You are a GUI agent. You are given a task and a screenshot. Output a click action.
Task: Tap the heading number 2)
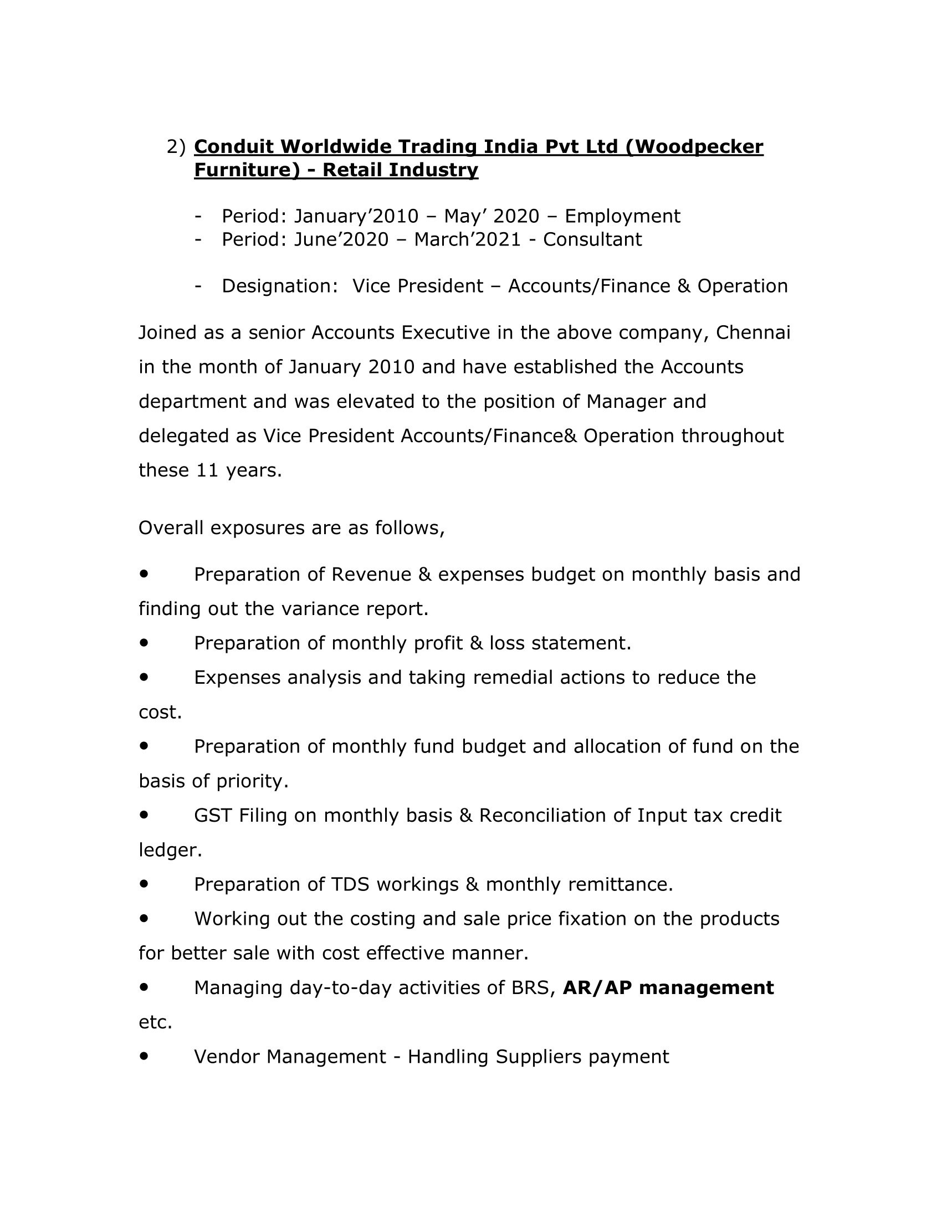(x=176, y=147)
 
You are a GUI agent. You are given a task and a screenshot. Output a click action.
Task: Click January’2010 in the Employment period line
(x=356, y=216)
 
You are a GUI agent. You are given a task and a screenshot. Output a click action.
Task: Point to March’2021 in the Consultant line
(x=467, y=239)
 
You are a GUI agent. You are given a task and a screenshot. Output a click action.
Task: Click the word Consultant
(x=592, y=239)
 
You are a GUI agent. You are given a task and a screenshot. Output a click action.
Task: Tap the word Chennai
(x=753, y=332)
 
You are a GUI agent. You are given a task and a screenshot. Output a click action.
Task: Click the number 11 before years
(x=208, y=470)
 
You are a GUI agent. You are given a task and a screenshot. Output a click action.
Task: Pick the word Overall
(x=171, y=527)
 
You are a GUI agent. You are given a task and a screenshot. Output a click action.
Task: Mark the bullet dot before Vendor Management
(x=145, y=1056)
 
